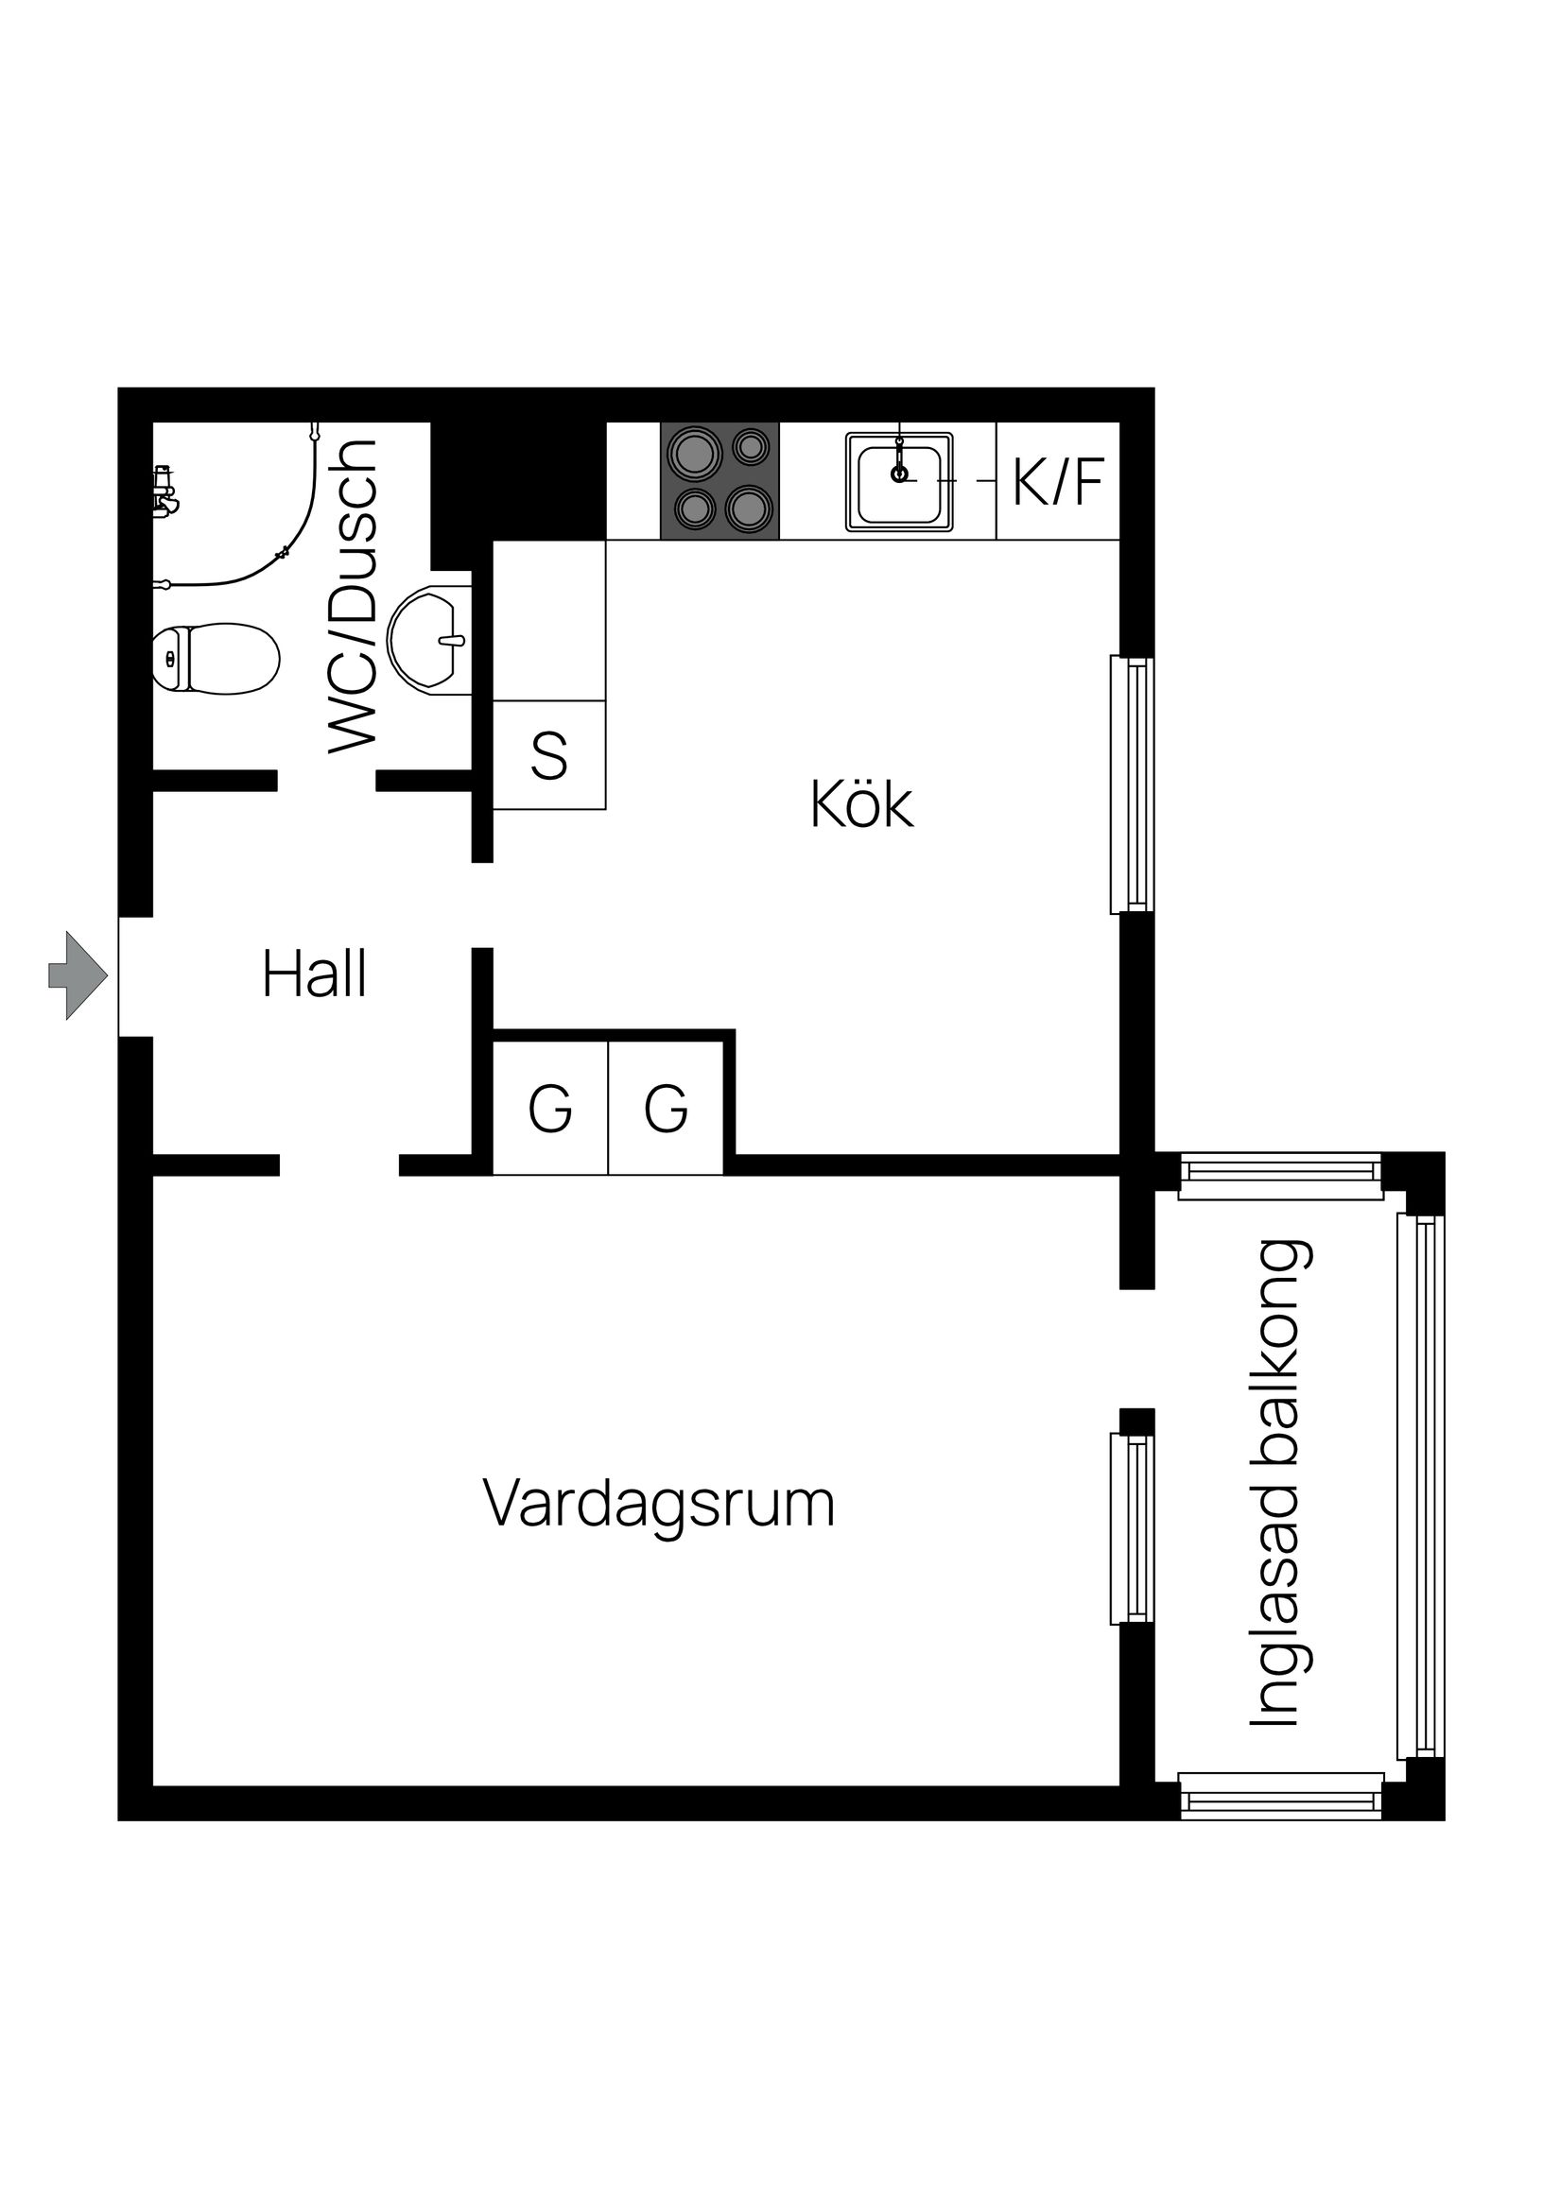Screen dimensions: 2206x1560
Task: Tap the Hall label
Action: tap(314, 975)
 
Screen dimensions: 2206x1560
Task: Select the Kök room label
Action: tap(861, 805)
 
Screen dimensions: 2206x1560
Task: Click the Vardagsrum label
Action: tap(658, 1504)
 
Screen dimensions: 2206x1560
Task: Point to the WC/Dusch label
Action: tap(352, 595)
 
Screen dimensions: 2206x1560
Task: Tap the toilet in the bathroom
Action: tap(217, 658)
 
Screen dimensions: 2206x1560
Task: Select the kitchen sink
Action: tap(899, 481)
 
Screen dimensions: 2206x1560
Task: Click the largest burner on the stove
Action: tap(695, 452)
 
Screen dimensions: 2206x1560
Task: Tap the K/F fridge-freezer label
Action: tap(1057, 481)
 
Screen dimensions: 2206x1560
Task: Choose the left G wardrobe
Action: tap(550, 1109)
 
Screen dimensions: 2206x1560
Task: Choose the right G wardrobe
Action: tap(666, 1109)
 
